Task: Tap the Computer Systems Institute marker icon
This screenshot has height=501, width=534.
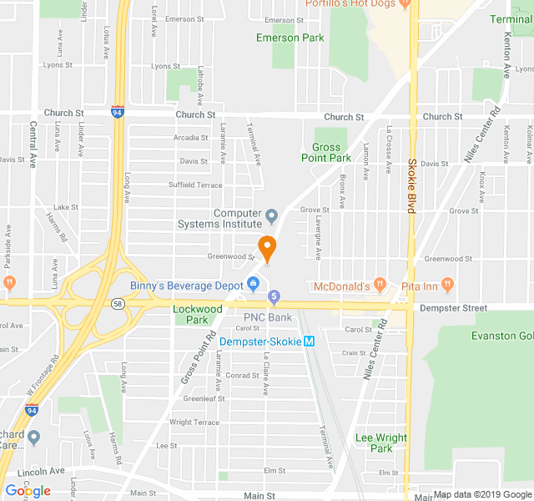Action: point(271,218)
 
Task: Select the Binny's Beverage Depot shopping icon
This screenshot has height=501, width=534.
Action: point(251,286)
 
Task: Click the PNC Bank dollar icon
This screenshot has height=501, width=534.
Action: point(274,297)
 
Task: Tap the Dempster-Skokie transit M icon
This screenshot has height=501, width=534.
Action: point(309,341)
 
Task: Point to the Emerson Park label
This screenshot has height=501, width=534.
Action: point(290,38)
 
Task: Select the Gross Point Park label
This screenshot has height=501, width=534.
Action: point(326,152)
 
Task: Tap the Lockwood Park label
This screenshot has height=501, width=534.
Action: point(197,314)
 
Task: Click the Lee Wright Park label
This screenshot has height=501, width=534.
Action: point(381,443)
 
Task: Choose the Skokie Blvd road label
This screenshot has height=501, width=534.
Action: point(411,185)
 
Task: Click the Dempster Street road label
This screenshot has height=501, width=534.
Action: point(462,308)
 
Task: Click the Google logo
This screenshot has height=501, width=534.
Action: point(28,491)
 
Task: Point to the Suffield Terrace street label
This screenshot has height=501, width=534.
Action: point(195,185)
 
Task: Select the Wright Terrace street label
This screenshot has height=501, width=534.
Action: point(194,423)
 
